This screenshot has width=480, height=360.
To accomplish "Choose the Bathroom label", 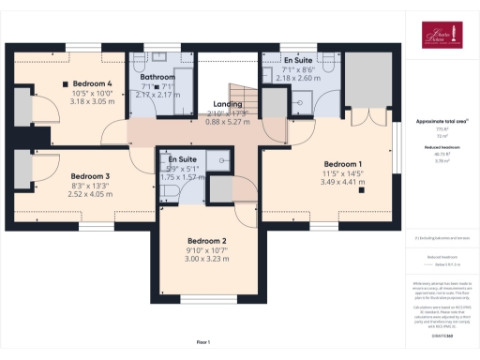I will click(158, 77).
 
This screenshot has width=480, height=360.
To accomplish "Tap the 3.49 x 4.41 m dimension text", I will click(343, 182).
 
